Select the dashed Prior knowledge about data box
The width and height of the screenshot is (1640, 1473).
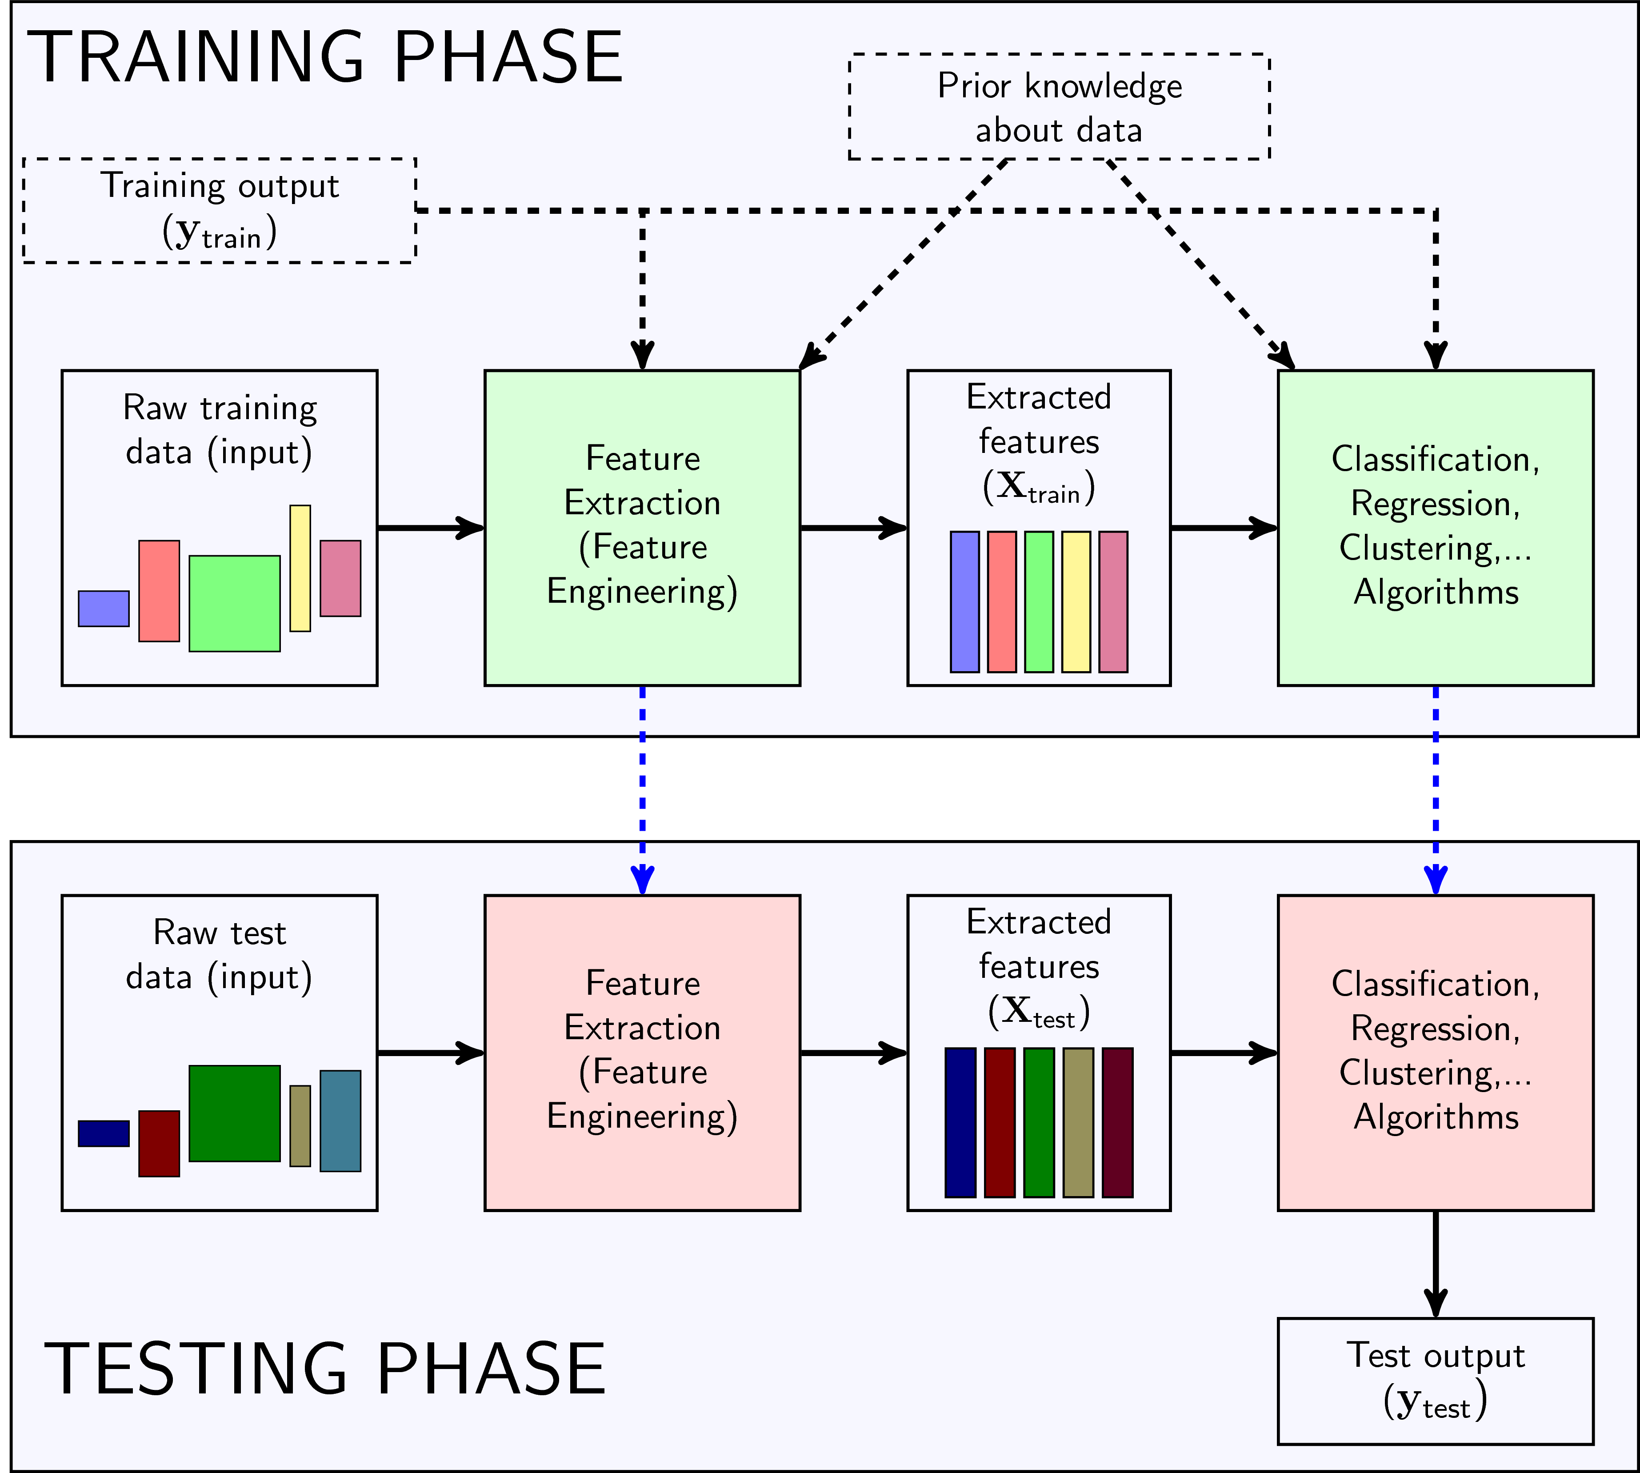(x=1059, y=107)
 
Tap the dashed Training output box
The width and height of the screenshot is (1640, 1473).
(x=219, y=210)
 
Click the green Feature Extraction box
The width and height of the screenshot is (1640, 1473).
(x=642, y=528)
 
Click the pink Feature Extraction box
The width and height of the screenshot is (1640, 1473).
(x=642, y=1052)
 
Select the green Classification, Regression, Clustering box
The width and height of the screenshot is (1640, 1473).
(x=1435, y=528)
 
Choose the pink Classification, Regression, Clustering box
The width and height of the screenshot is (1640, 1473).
(x=1435, y=1052)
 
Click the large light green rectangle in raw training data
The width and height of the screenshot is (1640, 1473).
(x=235, y=603)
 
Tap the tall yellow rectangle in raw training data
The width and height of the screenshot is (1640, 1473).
(x=300, y=568)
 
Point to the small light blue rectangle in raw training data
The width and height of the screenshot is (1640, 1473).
(x=104, y=608)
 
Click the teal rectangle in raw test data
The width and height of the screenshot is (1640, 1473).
(x=340, y=1121)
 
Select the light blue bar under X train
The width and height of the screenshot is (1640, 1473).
(x=964, y=601)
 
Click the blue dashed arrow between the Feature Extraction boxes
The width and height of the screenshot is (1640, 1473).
(x=642, y=789)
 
